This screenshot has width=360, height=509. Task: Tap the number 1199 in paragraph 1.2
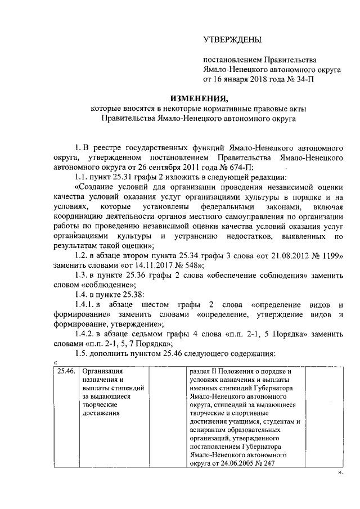tap(329, 255)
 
